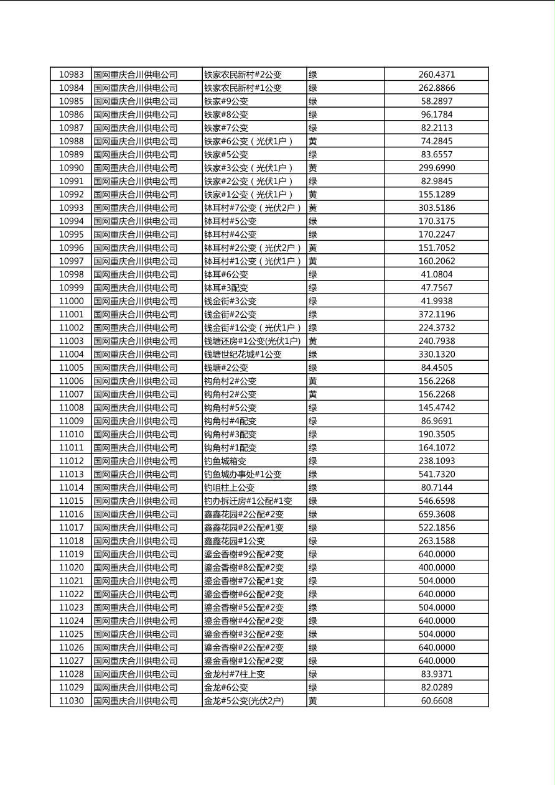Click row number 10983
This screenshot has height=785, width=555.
[x=71, y=75]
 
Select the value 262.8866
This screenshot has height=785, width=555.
[x=436, y=88]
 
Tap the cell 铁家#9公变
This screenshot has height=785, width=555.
[x=226, y=101]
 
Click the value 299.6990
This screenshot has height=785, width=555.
[x=436, y=168]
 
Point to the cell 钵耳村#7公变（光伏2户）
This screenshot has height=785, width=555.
[x=253, y=208]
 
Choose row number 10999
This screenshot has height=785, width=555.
[x=71, y=287]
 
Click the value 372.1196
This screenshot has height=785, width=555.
[x=436, y=314]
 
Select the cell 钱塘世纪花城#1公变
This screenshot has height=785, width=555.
[x=243, y=355]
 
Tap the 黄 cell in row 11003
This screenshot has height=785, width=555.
[x=313, y=341]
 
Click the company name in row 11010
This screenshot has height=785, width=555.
[x=136, y=434]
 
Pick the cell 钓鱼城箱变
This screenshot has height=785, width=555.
[x=225, y=461]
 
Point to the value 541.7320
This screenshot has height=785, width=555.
[x=436, y=474]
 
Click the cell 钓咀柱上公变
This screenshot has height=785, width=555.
[x=230, y=488]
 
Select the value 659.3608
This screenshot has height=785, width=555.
[x=436, y=514]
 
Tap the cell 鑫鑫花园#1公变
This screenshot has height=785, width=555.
[x=235, y=541]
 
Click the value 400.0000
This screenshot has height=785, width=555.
[x=436, y=567]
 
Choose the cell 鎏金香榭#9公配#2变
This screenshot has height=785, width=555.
[x=244, y=554]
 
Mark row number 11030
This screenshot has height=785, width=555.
[x=71, y=700]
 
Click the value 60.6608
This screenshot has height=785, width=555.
[x=436, y=700]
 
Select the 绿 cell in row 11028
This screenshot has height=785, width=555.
[x=313, y=674]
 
